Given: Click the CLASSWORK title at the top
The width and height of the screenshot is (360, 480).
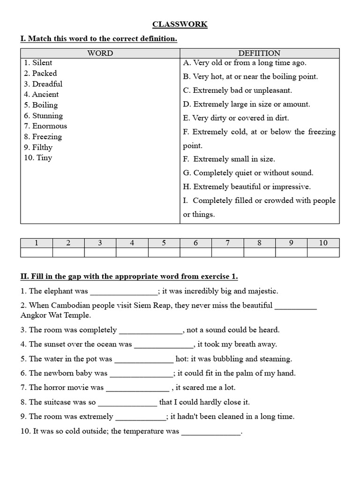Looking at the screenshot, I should tap(180, 24).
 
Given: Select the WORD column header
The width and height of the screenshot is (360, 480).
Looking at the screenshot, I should tap(100, 53).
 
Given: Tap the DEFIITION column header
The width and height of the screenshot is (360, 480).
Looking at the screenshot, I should tap(259, 53).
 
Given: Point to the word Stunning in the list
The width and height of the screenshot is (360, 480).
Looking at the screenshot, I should tap(47, 116).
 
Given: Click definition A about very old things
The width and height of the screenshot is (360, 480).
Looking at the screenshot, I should tap(245, 63).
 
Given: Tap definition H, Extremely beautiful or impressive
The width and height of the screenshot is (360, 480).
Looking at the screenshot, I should tap(247, 187).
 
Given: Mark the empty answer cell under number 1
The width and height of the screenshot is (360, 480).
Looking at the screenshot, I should tap(37, 253).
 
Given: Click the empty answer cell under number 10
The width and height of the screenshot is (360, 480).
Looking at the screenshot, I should tap(323, 253).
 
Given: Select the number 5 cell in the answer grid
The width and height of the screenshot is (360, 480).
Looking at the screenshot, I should tap(164, 243).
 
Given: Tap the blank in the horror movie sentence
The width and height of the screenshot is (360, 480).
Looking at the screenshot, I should tap(137, 388).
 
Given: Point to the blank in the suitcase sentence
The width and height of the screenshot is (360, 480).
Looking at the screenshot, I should tap(127, 403).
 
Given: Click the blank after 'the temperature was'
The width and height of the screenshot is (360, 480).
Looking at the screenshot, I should tap(210, 432).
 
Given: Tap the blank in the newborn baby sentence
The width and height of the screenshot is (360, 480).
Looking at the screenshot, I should tap(141, 374).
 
